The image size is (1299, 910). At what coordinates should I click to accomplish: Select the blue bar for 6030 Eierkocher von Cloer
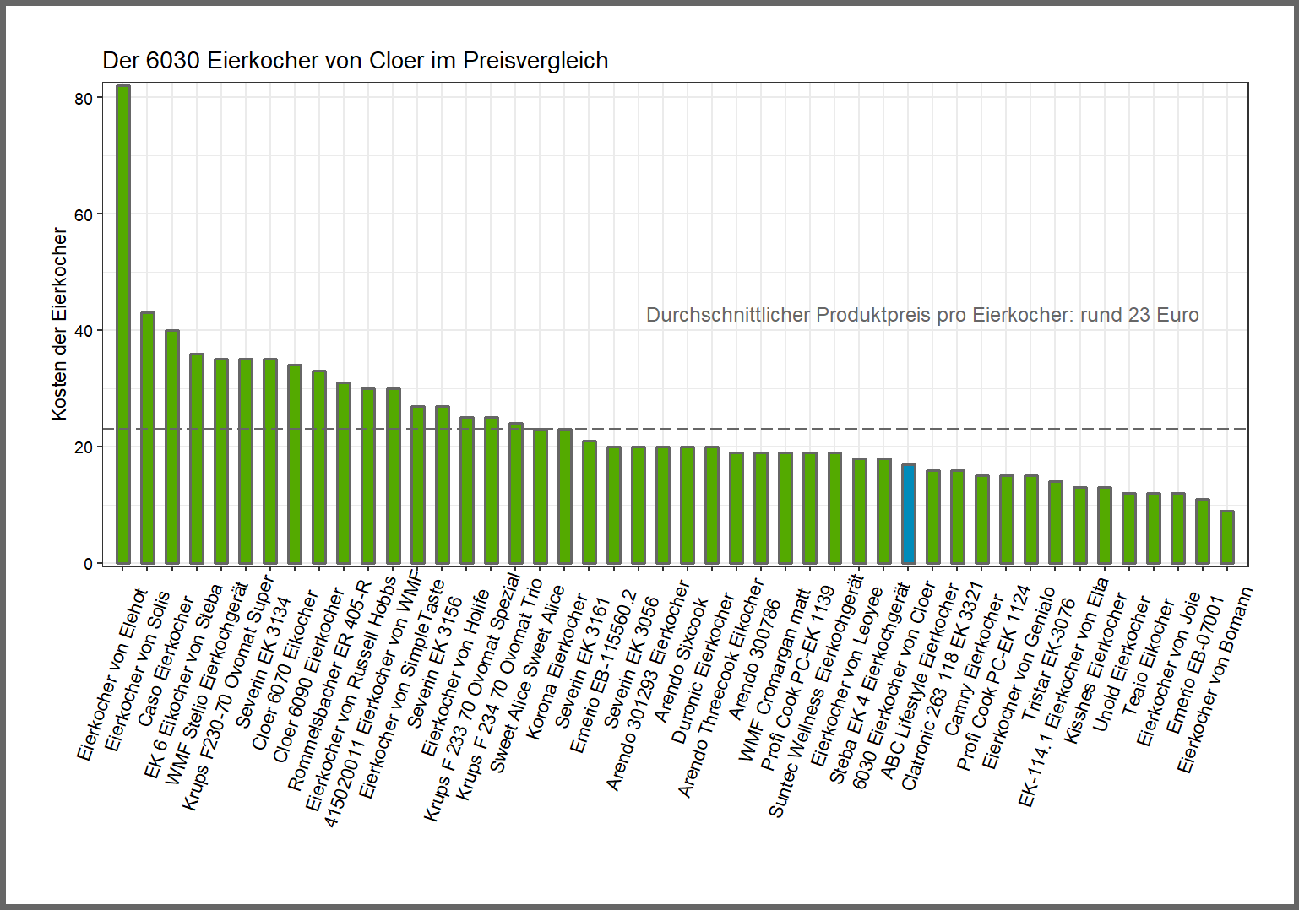click(x=908, y=514)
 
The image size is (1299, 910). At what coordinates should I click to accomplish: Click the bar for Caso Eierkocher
click(x=172, y=447)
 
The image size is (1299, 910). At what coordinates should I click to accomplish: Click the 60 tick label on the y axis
click(x=83, y=215)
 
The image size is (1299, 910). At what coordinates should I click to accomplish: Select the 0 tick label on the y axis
click(x=88, y=564)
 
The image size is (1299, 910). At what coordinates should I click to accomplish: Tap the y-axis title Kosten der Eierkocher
click(x=59, y=324)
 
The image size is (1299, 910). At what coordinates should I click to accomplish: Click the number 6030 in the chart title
click(x=172, y=62)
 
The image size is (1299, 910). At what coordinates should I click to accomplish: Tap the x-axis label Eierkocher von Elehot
click(x=111, y=675)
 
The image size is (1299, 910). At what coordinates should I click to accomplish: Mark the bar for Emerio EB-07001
click(x=1203, y=531)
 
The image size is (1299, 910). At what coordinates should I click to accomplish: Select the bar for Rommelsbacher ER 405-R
click(x=344, y=473)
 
